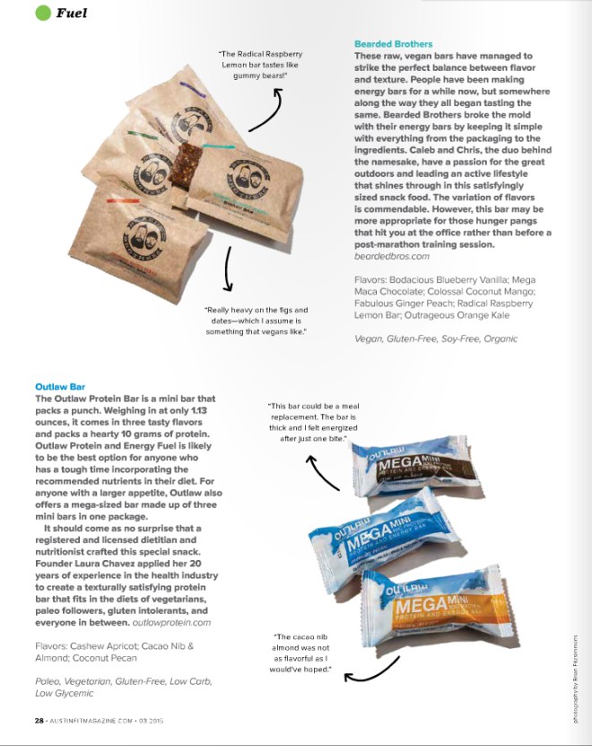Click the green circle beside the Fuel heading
[42, 13]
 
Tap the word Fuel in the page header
[71, 13]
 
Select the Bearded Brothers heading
[393, 44]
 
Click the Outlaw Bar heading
[59, 387]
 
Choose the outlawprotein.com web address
[171, 621]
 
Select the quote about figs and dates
[256, 320]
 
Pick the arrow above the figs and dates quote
[230, 268]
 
